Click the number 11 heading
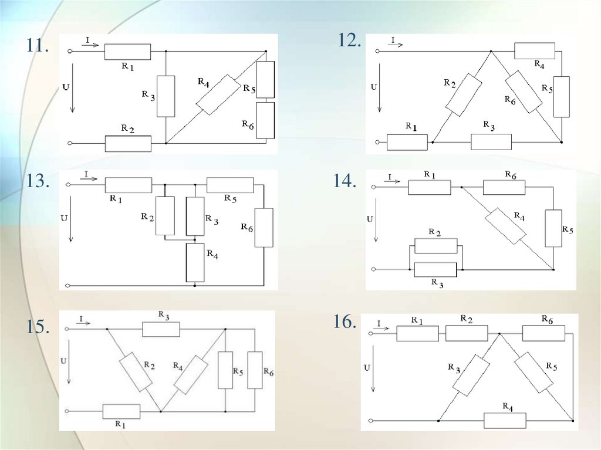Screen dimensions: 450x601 point(36,46)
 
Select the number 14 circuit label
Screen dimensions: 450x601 point(345,181)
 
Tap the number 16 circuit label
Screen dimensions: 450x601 point(345,322)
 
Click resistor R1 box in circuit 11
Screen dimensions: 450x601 point(127,52)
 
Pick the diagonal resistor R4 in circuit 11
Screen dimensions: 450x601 point(218,94)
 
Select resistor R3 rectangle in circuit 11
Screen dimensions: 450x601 point(166,96)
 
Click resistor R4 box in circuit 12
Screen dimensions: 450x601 point(534,51)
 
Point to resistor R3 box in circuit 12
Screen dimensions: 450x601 point(491,141)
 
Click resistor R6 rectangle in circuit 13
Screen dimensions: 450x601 point(264,227)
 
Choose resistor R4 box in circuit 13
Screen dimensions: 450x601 point(195,262)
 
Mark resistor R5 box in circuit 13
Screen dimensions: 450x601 point(230,185)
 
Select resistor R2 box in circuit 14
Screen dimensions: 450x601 point(435,246)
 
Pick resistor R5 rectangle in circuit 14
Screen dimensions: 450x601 point(553,228)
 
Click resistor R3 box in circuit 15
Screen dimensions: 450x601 point(161,329)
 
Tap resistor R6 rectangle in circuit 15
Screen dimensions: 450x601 point(255,370)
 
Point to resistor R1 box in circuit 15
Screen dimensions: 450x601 point(121,411)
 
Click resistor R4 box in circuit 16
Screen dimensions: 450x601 point(505,421)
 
